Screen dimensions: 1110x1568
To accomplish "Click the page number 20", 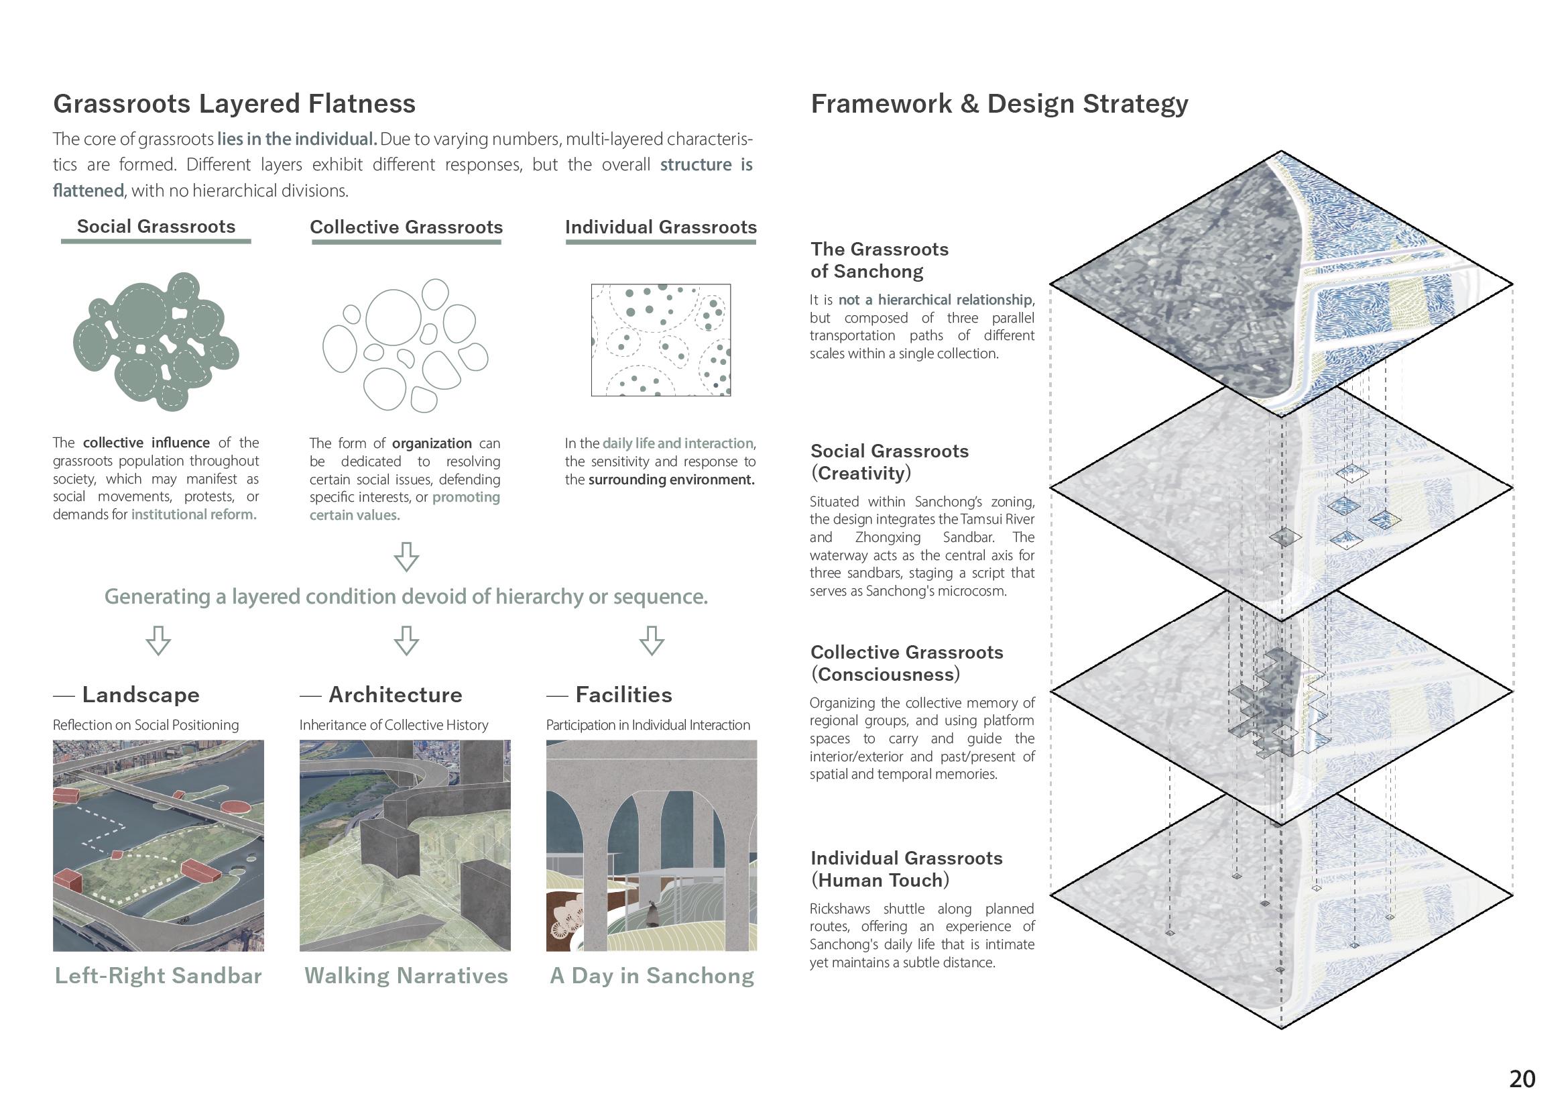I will coord(1522,1078).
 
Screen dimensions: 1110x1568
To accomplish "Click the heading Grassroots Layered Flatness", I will coord(235,104).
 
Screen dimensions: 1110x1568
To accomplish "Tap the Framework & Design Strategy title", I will coord(999,104).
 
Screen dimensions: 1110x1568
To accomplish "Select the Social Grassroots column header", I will coord(156,227).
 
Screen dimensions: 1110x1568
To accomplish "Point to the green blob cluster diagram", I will coord(156,341).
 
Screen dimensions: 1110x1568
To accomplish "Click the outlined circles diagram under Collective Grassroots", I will coord(405,345).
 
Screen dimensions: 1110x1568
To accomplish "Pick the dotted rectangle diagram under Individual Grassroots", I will coord(661,339).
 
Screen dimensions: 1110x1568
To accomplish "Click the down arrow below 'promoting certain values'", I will coord(406,557).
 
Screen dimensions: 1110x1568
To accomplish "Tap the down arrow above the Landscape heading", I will coord(158,641).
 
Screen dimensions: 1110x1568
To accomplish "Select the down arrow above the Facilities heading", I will coord(651,641).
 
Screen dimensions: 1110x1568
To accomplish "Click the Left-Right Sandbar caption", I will coord(158,975).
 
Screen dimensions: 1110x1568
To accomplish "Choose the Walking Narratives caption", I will coord(406,975).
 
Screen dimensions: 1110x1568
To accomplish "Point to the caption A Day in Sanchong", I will coord(652,975).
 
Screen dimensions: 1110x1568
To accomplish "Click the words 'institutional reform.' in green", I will coord(194,514).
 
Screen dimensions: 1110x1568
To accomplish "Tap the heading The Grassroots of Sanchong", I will coord(880,260).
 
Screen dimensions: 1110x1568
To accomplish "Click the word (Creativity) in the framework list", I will coord(861,473).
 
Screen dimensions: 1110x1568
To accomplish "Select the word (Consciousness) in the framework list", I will coord(886,675).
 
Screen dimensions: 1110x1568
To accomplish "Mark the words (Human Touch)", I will coord(880,881).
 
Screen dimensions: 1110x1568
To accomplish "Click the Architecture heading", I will coord(395,695).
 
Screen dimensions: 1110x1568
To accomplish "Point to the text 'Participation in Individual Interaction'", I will coord(648,725).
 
